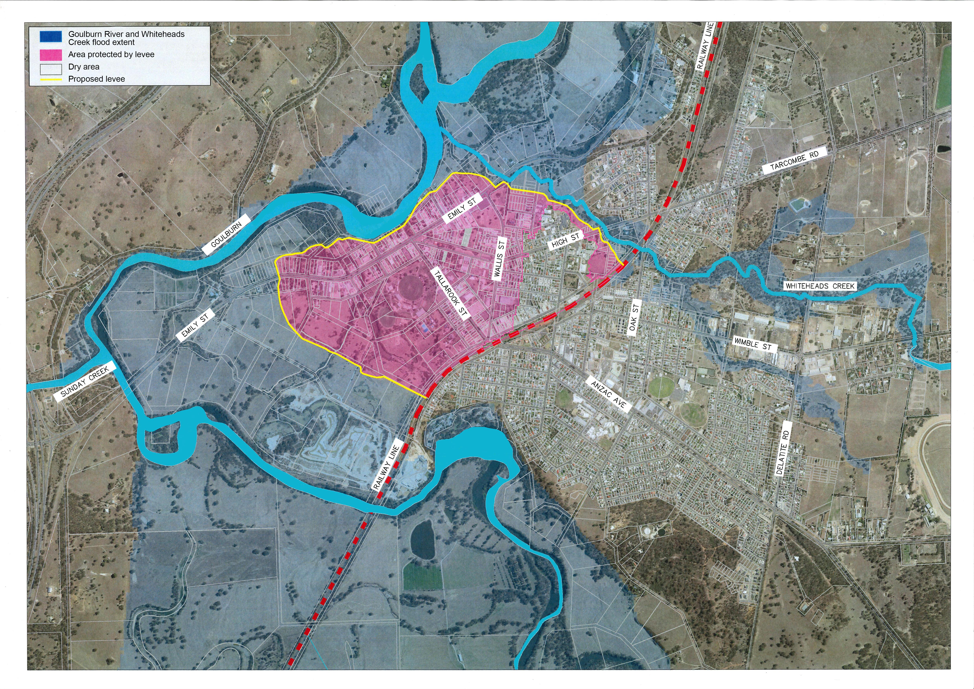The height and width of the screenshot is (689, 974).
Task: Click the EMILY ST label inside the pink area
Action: point(462,209)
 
